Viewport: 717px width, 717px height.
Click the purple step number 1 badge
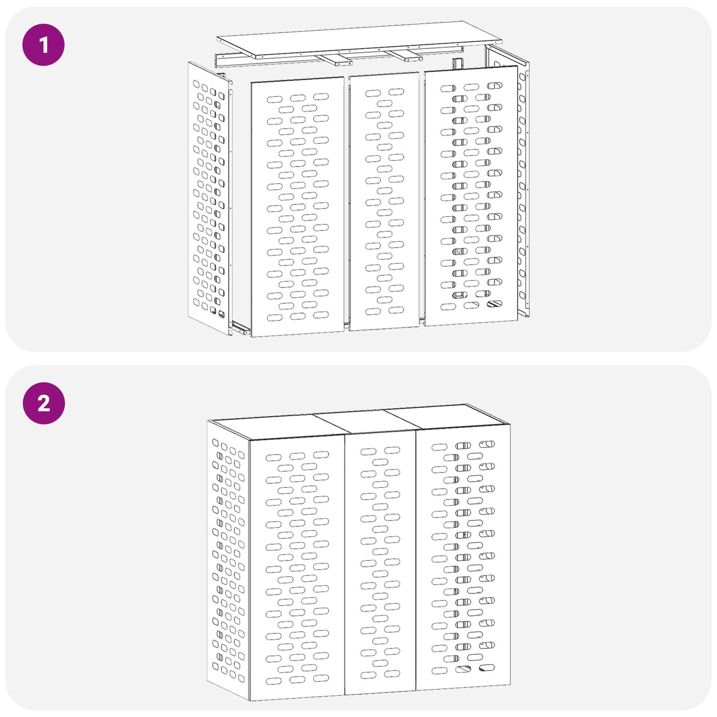43,45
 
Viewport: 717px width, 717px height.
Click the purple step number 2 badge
43,403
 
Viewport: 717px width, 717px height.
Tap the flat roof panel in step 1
358,39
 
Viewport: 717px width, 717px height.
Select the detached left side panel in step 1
209,197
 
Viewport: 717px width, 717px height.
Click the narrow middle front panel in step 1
384,202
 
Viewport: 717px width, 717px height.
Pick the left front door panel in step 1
297,206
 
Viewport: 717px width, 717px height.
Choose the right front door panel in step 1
471,197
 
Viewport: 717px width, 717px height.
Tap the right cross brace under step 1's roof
406,56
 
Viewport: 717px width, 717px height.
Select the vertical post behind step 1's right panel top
457,64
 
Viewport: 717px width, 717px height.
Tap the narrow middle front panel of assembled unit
380,565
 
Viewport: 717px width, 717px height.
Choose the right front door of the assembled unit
463,560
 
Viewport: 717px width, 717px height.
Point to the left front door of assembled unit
297,569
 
